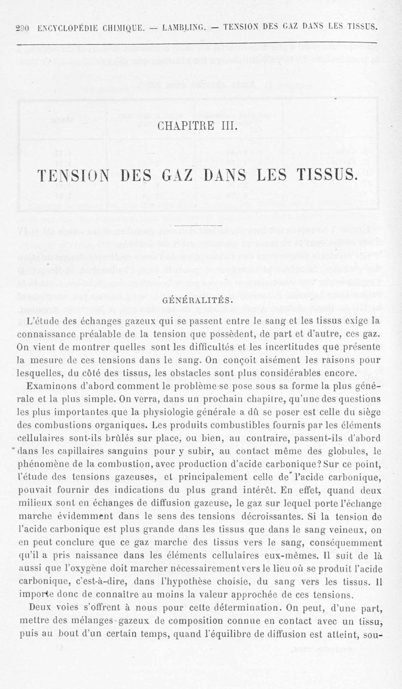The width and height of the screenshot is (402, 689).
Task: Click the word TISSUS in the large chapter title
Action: click(x=323, y=177)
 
